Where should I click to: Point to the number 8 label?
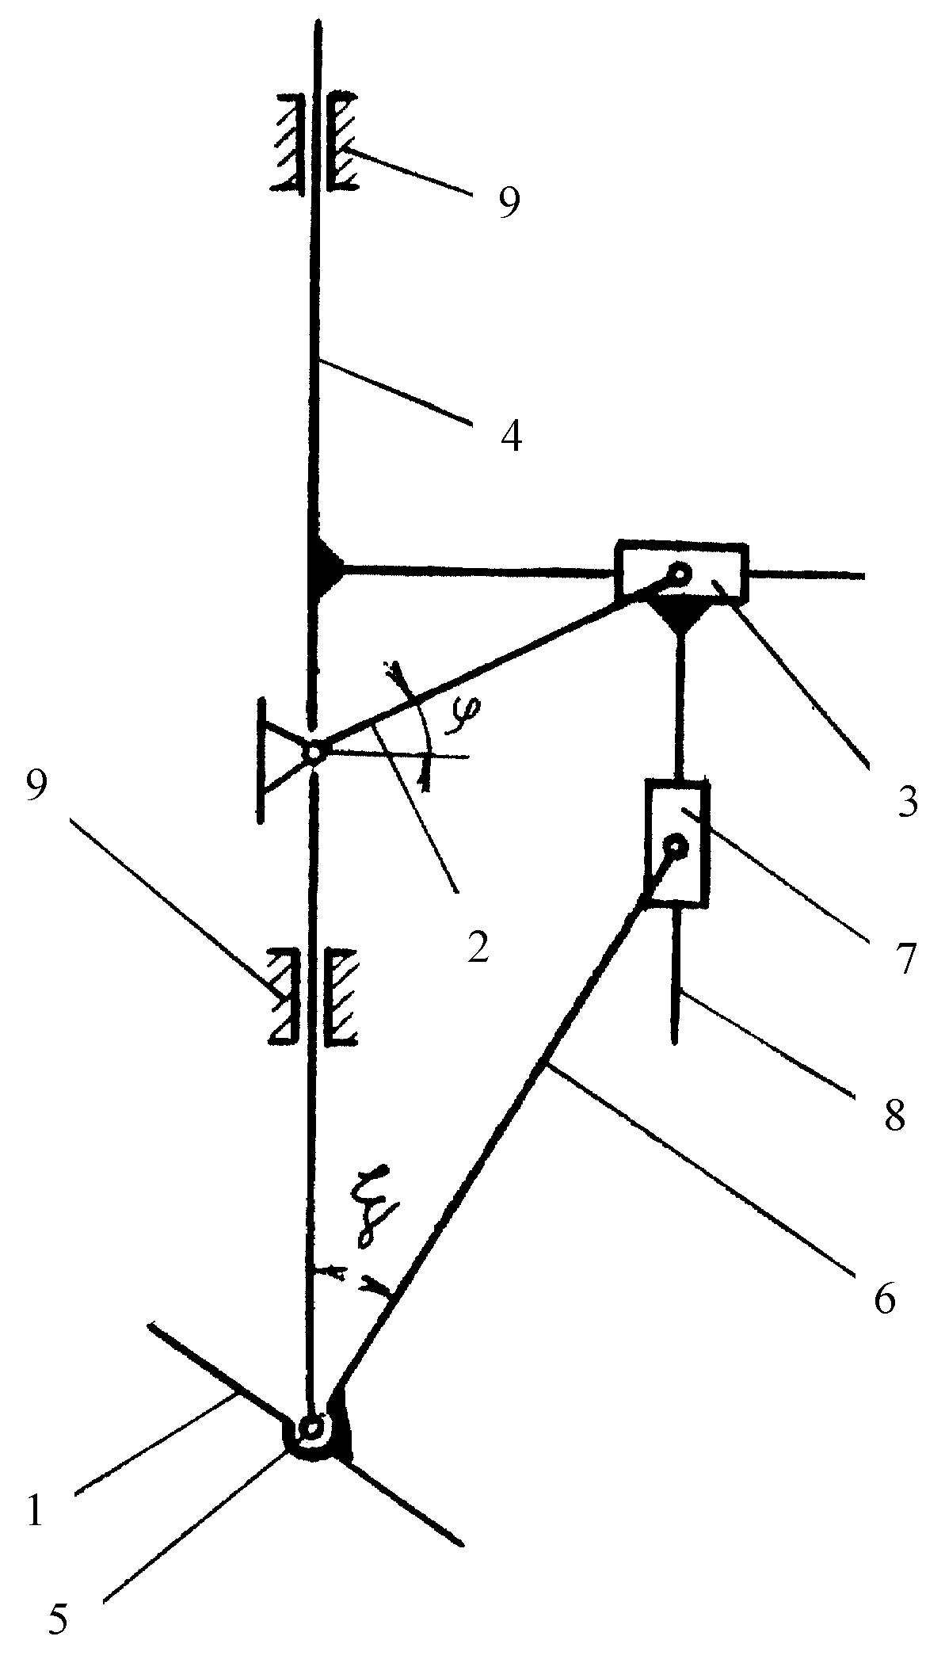(894, 1116)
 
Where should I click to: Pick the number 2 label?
(478, 946)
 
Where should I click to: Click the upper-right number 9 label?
(509, 202)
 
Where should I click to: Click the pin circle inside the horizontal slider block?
(680, 571)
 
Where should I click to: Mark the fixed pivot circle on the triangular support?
(314, 752)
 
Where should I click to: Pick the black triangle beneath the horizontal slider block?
(680, 614)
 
